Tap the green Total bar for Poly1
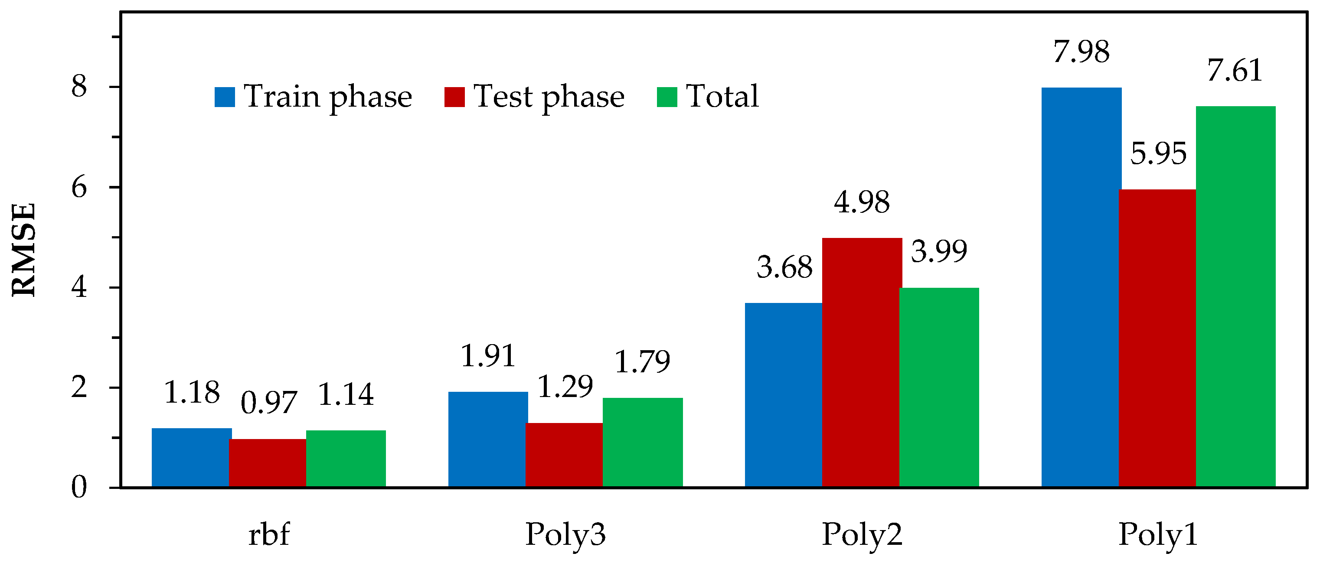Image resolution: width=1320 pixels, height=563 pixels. point(1235,296)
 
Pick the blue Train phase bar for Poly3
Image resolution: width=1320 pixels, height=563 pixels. point(488,439)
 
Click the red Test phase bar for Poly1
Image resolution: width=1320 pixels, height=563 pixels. point(1157,338)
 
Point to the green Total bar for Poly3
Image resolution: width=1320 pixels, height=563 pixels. point(642,442)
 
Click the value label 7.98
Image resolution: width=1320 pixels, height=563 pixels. point(1081,52)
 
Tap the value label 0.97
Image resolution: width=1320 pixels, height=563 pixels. point(268,402)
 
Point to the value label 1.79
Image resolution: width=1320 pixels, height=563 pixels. point(642,361)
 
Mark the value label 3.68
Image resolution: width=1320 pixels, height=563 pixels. point(784,267)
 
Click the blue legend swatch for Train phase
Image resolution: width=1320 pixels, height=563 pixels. point(225,97)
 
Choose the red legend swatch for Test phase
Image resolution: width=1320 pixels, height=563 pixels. point(454,97)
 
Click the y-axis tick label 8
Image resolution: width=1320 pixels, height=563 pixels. point(79,87)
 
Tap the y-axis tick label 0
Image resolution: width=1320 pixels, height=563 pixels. point(79,487)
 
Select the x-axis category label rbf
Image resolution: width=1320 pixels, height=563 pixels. point(268,535)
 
